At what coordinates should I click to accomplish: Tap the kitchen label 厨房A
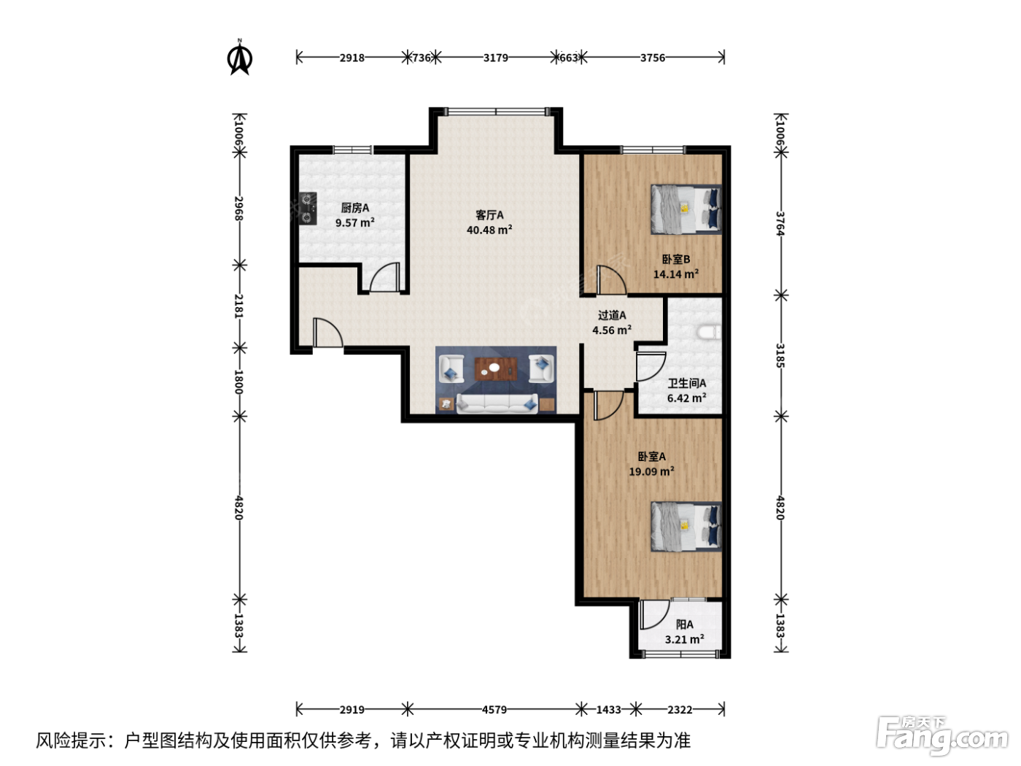click(x=354, y=208)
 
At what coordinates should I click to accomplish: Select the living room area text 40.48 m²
click(x=489, y=230)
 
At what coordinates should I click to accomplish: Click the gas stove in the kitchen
click(x=308, y=209)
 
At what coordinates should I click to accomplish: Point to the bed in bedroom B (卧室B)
click(x=686, y=209)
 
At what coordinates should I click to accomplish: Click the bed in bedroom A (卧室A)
click(x=686, y=526)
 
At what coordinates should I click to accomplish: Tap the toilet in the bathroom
click(x=710, y=332)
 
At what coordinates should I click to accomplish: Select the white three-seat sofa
click(x=497, y=403)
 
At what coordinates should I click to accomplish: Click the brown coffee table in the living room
click(x=496, y=369)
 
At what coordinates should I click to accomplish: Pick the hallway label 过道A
click(x=612, y=315)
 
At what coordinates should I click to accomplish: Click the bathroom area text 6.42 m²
click(x=686, y=398)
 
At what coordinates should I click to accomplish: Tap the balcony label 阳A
click(x=684, y=624)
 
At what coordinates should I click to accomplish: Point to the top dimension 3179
click(x=495, y=58)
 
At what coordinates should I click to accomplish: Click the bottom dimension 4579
click(x=494, y=710)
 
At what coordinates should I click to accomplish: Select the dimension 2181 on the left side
click(x=238, y=306)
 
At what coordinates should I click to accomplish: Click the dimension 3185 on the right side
click(x=780, y=356)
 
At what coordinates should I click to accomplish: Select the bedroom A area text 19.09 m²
click(x=652, y=471)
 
